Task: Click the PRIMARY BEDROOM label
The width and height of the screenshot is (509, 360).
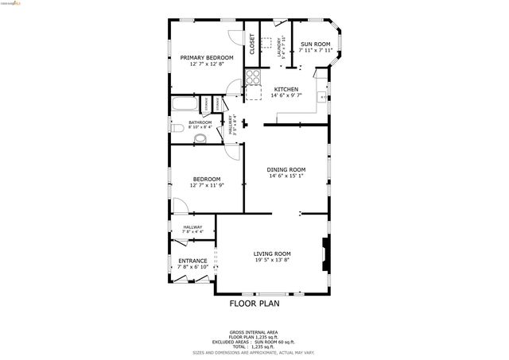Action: pyautogui.click(x=206, y=57)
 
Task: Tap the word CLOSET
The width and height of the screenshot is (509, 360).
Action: pyautogui.click(x=252, y=43)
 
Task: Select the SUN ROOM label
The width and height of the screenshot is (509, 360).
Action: pyautogui.click(x=315, y=44)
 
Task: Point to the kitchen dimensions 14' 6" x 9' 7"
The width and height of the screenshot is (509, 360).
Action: pyautogui.click(x=286, y=95)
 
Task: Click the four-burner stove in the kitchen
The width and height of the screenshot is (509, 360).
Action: pyautogui.click(x=253, y=78)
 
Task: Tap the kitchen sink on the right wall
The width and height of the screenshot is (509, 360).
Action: pyautogui.click(x=321, y=97)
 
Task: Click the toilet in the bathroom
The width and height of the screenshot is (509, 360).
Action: pyautogui.click(x=200, y=137)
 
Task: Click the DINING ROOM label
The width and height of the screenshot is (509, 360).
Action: pyautogui.click(x=286, y=169)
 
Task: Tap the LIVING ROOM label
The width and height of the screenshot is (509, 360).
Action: pyautogui.click(x=272, y=254)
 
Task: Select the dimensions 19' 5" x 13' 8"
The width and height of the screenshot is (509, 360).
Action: pyautogui.click(x=272, y=260)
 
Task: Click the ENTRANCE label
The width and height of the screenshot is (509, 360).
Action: pyautogui.click(x=192, y=261)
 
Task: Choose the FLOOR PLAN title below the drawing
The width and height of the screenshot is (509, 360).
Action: pyautogui.click(x=254, y=303)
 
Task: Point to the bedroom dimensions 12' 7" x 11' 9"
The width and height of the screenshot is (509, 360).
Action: pyautogui.click(x=206, y=185)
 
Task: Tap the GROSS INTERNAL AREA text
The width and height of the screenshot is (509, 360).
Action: pyautogui.click(x=254, y=332)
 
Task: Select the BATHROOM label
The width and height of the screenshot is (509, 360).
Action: pyautogui.click(x=200, y=122)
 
